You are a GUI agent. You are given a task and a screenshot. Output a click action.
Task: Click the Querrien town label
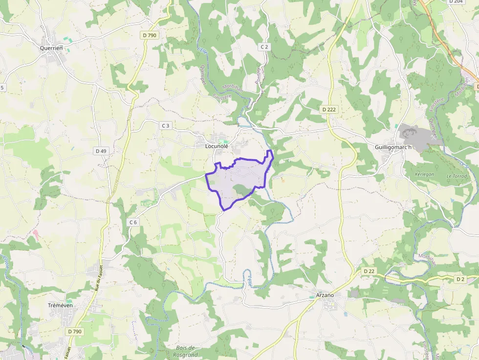52,48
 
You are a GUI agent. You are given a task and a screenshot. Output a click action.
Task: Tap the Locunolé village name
217,146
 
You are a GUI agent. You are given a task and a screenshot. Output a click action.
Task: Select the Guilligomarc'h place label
394,147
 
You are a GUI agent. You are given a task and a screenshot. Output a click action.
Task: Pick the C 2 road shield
264,46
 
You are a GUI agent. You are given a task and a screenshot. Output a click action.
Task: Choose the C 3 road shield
166,126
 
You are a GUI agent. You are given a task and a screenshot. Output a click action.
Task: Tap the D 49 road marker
101,151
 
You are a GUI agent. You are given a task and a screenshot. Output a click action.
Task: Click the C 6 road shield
133,222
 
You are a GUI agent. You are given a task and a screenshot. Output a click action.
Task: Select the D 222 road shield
329,109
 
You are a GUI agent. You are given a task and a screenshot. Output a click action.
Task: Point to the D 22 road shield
369,271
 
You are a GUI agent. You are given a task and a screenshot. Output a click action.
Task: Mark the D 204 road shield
456,1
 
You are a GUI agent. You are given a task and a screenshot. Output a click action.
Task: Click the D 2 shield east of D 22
460,279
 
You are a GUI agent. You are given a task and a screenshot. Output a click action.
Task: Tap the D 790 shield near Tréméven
75,331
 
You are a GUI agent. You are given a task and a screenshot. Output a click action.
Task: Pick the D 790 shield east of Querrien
149,35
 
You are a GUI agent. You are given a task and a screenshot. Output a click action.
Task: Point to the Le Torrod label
457,176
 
